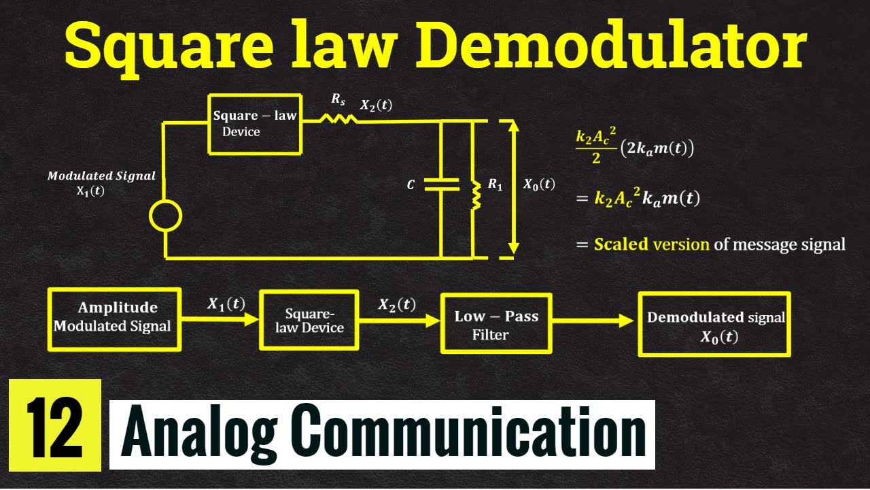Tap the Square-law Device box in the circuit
(254, 124)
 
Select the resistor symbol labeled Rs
(338, 118)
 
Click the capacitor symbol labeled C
(441, 184)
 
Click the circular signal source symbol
(165, 217)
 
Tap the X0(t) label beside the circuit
(538, 184)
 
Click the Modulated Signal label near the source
(101, 176)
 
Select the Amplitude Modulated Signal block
(114, 318)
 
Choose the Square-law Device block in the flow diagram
(309, 320)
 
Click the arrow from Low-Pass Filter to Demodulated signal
(594, 320)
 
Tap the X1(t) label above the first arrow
(226, 304)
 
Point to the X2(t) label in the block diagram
(396, 304)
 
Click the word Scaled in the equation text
(621, 244)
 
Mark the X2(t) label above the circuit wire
(376, 105)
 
